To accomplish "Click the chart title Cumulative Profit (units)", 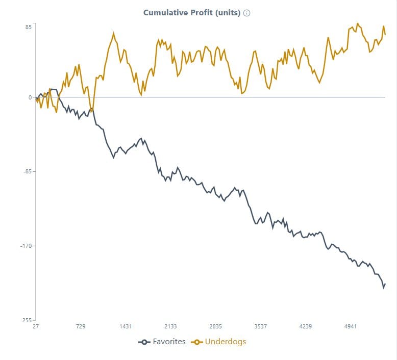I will click(191, 13).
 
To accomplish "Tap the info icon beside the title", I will click(246, 13).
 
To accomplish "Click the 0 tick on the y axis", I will click(30, 97).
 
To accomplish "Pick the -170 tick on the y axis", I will click(26, 246).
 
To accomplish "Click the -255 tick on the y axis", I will click(26, 320).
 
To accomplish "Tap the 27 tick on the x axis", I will click(36, 326).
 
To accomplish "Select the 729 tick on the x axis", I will click(81, 326).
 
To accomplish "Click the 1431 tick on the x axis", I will click(126, 326).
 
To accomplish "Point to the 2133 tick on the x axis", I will click(170, 326).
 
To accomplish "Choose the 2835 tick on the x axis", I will click(215, 326).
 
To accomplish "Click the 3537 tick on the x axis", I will click(260, 326).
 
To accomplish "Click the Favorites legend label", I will click(169, 342).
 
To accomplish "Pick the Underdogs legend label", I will click(225, 342).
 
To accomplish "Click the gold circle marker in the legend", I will click(197, 342).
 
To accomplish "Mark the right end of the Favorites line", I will click(385, 284).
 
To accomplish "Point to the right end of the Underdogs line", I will click(385, 35).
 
